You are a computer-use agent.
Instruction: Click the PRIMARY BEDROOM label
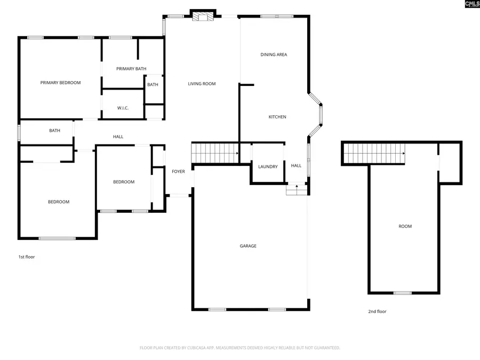point(60,83)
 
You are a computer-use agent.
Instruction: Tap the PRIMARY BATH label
point(131,69)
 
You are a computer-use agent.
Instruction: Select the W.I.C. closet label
point(123,108)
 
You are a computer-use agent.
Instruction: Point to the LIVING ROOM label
point(202,84)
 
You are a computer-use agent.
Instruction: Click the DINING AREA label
point(274,54)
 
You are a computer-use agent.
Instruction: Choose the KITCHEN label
point(277,117)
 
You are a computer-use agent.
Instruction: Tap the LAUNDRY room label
point(268,167)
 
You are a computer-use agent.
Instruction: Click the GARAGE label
point(248,246)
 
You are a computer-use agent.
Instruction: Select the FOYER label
point(178,172)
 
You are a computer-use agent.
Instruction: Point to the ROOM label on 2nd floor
point(405,227)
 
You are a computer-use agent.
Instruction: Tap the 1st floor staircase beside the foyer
point(214,153)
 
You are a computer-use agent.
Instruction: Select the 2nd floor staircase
point(373,154)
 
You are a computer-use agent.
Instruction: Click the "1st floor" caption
point(27,257)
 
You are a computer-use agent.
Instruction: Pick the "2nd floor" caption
point(378,311)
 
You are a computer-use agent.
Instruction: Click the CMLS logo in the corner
point(471,4)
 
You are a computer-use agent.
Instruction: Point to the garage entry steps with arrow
point(296,189)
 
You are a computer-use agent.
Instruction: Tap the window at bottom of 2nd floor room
point(403,293)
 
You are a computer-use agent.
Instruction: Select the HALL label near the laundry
point(296,165)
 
